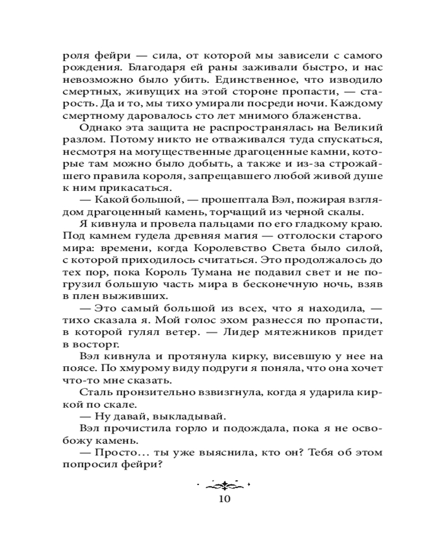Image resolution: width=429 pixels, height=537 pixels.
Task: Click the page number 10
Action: pyautogui.click(x=224, y=498)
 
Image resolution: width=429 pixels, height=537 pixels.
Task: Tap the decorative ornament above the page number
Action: pyautogui.click(x=224, y=485)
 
